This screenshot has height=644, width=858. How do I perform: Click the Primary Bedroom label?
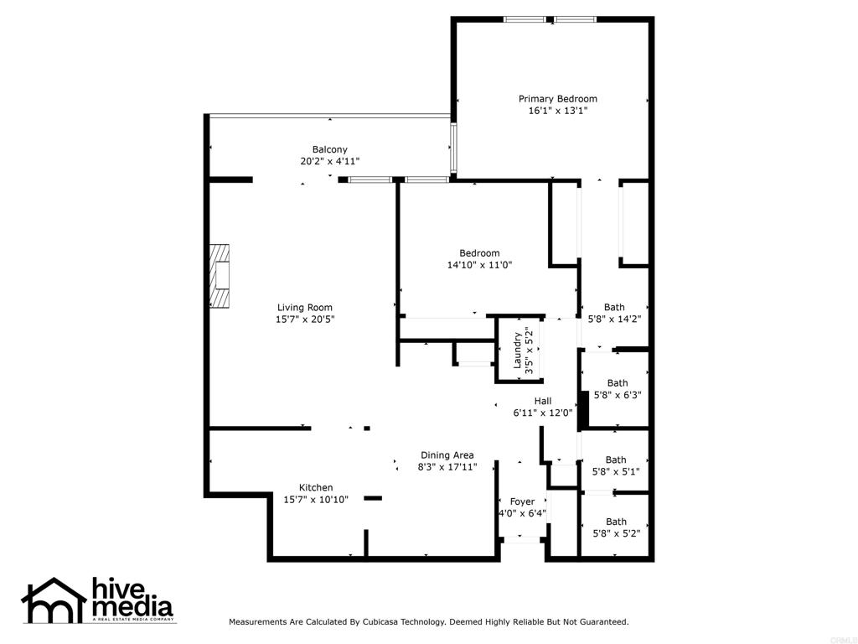[x=557, y=99]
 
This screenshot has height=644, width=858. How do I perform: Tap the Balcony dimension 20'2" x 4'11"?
[x=330, y=161]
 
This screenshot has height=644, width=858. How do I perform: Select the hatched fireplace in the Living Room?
[x=220, y=276]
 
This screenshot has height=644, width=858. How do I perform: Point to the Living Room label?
[x=305, y=308]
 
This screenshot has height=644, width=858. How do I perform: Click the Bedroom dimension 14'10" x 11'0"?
[x=479, y=265]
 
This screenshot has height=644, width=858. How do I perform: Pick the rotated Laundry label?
[x=517, y=351]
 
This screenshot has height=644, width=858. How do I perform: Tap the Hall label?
[x=543, y=401]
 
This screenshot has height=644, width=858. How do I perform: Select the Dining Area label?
[x=447, y=455]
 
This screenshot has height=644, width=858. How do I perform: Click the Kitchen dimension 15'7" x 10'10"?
[x=316, y=500]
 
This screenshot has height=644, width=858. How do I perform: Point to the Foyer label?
[x=522, y=501]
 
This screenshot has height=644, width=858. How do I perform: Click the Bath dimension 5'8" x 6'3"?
[x=618, y=395]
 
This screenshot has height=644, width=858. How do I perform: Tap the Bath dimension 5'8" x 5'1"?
[x=616, y=471]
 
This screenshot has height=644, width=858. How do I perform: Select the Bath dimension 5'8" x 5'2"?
[x=616, y=533]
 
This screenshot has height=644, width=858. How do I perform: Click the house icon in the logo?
[x=54, y=600]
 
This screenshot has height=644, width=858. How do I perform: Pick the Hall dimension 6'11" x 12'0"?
[x=543, y=413]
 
